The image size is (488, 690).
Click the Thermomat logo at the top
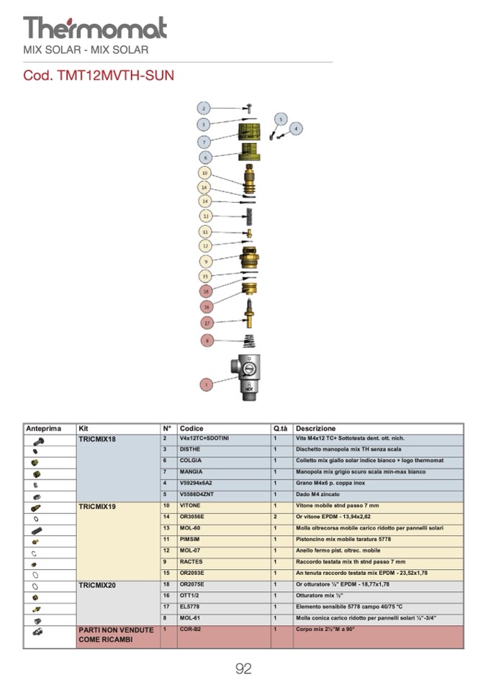point(94,28)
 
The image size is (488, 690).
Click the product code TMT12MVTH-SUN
point(99,75)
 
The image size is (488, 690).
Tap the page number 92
point(243,669)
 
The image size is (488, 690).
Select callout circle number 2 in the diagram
point(204,109)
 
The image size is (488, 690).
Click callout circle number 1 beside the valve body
point(206,384)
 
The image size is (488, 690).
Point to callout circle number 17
point(207,323)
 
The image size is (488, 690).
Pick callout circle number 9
point(206,261)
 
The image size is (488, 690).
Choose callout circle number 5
point(281,119)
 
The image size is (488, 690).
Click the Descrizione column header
point(316,429)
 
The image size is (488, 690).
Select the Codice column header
point(191,429)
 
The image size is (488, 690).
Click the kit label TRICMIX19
point(97,507)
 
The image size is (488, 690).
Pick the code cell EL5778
point(191,607)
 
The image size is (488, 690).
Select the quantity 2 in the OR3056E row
point(275,517)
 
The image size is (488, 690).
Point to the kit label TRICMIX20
point(97,585)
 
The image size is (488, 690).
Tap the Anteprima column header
point(44,429)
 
